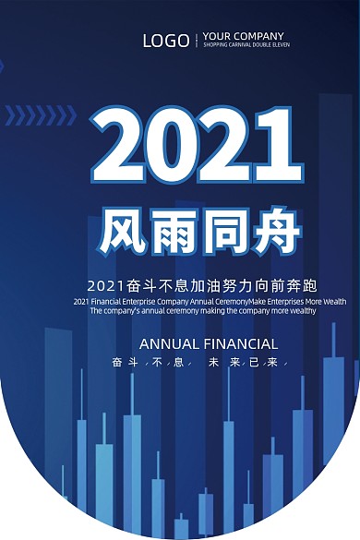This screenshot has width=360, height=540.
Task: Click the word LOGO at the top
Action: tap(166, 41)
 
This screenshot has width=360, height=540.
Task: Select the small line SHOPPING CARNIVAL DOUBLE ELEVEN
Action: tap(246, 44)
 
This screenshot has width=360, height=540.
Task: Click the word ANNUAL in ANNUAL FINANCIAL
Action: tap(169, 344)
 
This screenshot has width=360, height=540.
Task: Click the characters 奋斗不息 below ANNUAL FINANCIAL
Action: tap(148, 363)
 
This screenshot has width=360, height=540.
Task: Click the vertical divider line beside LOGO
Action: tap(197, 41)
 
